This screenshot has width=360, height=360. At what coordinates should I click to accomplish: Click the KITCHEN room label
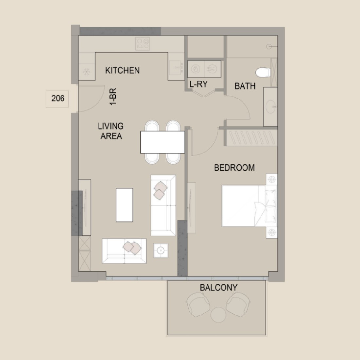(122, 70)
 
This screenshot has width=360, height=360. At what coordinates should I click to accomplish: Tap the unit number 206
(58, 98)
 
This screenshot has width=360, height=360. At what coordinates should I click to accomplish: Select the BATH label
(245, 86)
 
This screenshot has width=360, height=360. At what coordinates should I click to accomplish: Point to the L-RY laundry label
(199, 84)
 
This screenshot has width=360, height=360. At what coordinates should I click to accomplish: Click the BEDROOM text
(234, 168)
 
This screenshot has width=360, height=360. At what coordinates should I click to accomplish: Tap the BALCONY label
(219, 287)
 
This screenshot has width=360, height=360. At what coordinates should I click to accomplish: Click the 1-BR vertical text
(113, 97)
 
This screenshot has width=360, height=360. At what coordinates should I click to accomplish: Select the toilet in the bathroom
(263, 73)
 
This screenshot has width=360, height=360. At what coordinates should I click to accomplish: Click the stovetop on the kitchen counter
(143, 44)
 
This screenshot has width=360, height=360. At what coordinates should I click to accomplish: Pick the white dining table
(163, 142)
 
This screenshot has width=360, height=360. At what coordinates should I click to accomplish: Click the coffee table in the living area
(124, 205)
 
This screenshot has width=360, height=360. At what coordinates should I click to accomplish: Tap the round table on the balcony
(219, 315)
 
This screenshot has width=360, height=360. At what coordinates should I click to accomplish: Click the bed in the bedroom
(249, 206)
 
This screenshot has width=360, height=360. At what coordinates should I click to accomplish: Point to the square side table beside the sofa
(161, 250)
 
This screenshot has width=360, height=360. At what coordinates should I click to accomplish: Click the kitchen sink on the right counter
(176, 67)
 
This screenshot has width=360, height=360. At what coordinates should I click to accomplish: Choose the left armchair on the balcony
(198, 305)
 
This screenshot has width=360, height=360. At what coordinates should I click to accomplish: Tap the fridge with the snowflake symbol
(86, 72)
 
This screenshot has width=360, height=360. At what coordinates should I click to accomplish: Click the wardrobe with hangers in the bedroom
(252, 137)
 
